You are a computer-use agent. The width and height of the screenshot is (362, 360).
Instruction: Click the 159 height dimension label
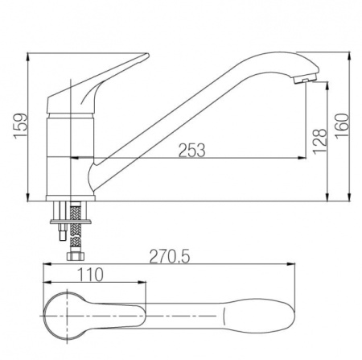coord(21,126)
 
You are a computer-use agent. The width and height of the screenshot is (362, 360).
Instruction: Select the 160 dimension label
coord(342,126)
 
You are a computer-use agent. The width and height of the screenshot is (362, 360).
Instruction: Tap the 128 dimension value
coord(320,141)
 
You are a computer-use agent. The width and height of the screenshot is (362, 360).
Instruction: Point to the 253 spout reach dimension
coord(192,150)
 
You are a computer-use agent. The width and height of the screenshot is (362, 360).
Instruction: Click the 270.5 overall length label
coord(170,256)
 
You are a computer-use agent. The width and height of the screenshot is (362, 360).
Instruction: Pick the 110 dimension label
coord(90,275)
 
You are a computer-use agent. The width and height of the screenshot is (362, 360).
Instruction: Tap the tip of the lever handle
coord(147,55)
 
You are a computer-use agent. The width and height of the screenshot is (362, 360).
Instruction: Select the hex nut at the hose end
coord(75,256)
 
